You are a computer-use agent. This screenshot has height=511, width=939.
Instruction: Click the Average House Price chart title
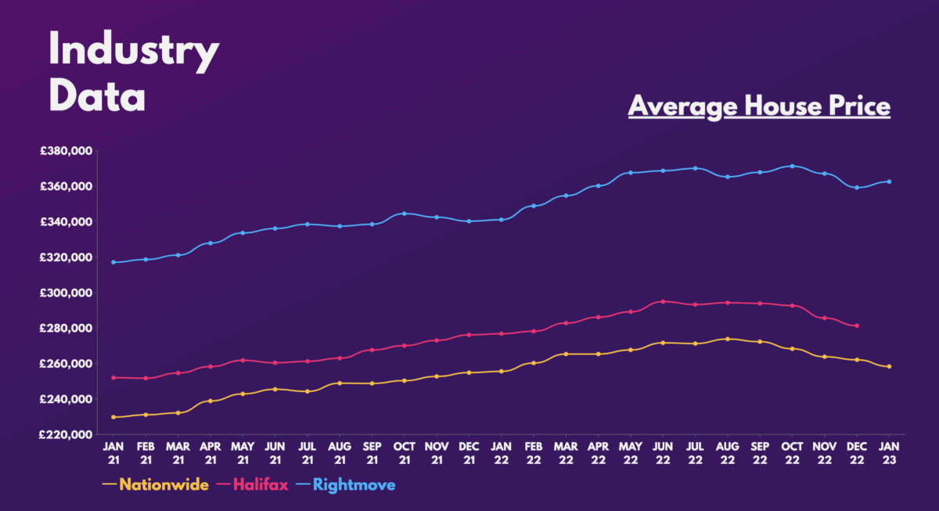[759, 106]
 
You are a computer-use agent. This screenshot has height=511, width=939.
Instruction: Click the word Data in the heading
[97, 97]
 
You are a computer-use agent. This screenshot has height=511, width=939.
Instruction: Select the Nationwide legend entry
[164, 485]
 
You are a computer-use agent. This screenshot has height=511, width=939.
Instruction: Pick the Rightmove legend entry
[354, 485]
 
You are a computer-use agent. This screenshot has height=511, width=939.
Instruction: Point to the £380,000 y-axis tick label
[67, 151]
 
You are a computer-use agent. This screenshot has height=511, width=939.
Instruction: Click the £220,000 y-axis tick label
[67, 434]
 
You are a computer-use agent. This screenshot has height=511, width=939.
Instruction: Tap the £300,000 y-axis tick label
[67, 293]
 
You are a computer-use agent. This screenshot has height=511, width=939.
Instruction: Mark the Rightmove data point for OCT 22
[793, 166]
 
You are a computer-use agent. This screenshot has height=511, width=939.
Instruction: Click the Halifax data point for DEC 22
[858, 326]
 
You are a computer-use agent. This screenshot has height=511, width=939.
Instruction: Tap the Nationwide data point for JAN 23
[890, 366]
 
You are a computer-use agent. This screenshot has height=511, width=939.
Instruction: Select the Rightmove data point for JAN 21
[113, 262]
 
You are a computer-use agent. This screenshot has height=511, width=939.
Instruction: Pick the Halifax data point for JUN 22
[664, 301]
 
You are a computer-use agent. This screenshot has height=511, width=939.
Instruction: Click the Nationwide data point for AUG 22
[728, 339]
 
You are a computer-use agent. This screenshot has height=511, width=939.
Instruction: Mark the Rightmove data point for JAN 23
[890, 182]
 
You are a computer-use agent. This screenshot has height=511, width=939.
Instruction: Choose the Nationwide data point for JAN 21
[113, 417]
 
